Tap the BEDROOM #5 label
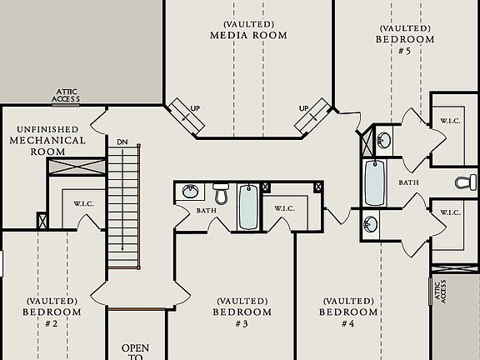click(x=405, y=38)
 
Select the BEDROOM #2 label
click(x=52, y=312)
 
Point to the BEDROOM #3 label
click(x=242, y=312)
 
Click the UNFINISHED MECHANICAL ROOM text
click(x=47, y=141)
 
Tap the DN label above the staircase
click(x=122, y=142)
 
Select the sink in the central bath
click(x=190, y=192)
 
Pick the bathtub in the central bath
click(x=248, y=207)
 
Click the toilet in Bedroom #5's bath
click(x=467, y=182)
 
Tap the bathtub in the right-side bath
click(x=374, y=182)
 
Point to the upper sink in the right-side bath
click(x=384, y=138)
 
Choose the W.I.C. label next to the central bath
click(x=284, y=208)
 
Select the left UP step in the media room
click(x=187, y=116)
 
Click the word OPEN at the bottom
click(x=135, y=347)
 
